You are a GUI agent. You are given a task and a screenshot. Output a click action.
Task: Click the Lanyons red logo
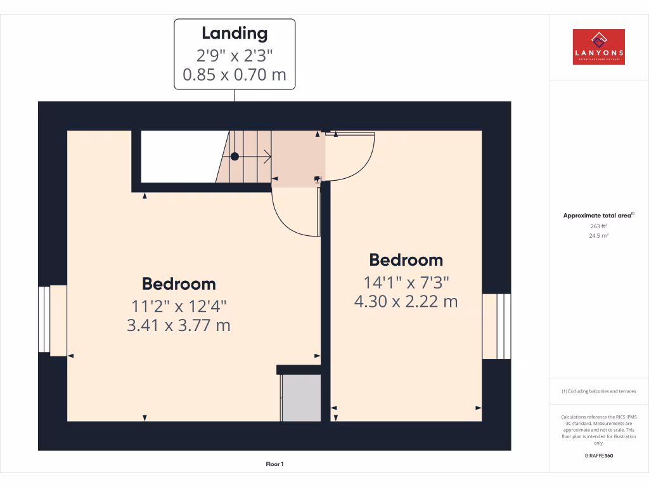(x=598, y=47)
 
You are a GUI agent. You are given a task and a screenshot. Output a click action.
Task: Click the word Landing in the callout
(x=235, y=33)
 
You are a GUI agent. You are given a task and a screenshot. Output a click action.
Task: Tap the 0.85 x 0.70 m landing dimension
(x=235, y=75)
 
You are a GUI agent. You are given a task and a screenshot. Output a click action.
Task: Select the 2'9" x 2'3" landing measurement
(x=235, y=55)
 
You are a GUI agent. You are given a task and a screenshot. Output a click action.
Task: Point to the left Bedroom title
(x=179, y=283)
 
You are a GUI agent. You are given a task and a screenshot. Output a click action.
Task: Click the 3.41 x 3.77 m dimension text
(x=179, y=326)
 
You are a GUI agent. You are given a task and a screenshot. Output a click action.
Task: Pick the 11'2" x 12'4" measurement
(x=179, y=306)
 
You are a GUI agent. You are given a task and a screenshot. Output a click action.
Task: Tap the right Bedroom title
(x=406, y=260)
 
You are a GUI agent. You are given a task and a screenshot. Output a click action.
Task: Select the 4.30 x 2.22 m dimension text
(x=406, y=302)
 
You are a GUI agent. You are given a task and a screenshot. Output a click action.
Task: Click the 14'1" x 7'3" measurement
(x=406, y=282)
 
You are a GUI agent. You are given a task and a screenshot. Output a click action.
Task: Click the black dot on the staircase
(x=235, y=156)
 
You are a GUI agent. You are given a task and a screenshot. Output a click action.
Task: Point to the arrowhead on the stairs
(x=268, y=156)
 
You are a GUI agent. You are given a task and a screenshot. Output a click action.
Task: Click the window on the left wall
(x=44, y=320)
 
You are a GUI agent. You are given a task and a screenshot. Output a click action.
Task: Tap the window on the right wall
(x=503, y=326)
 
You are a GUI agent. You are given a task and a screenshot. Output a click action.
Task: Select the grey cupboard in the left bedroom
(x=301, y=398)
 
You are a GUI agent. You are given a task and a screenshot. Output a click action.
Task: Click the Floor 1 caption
(x=274, y=465)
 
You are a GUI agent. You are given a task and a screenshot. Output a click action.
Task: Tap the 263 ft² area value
(x=598, y=226)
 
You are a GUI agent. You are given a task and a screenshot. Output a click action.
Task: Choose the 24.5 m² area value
(x=598, y=235)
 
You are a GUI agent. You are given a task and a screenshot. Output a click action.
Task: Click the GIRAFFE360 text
(x=598, y=456)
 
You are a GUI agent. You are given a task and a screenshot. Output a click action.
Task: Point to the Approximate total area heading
(x=598, y=216)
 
